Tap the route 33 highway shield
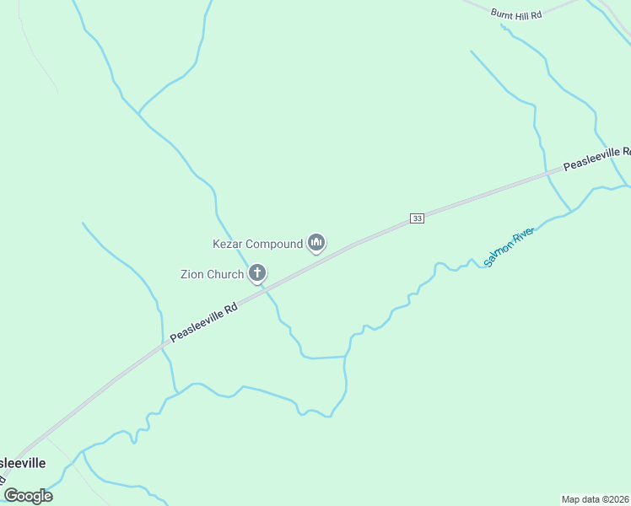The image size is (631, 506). pyautogui.click(x=417, y=218)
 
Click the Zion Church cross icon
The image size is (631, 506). pyautogui.click(x=257, y=273)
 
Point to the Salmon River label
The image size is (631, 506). pyautogui.click(x=510, y=246)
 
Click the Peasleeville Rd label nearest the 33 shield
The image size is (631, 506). pyautogui.click(x=596, y=157)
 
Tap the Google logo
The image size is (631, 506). pyautogui.click(x=28, y=495)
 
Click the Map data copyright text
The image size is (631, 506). pyautogui.click(x=596, y=499)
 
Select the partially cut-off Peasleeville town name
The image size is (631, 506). pyautogui.click(x=22, y=464)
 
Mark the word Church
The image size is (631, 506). pyautogui.click(x=226, y=274)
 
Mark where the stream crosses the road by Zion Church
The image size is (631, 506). pyautogui.click(x=267, y=288)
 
